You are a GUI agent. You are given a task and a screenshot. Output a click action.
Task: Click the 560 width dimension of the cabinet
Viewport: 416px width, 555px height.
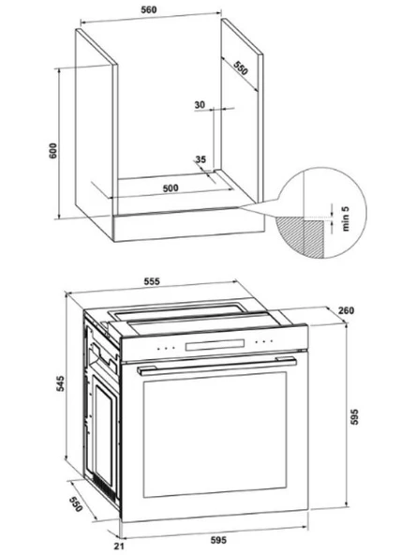149,9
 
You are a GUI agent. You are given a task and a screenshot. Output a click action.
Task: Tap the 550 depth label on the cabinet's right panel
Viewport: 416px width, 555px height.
241,67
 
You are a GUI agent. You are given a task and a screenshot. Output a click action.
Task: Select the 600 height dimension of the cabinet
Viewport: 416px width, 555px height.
52,150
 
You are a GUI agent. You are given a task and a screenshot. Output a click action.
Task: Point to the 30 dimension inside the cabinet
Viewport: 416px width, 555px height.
200,105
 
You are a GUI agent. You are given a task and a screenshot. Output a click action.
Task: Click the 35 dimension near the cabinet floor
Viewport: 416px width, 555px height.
201,159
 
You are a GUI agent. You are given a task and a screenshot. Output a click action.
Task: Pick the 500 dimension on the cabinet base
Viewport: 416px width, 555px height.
171,187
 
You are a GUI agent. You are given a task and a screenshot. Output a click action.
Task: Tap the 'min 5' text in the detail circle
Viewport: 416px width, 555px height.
346,217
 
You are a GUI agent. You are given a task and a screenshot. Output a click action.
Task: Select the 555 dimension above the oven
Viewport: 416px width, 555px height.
152,281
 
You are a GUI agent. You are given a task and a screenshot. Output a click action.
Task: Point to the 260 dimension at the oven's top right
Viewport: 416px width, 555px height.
346,310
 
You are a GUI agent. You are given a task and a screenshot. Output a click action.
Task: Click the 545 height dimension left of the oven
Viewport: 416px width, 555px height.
61,383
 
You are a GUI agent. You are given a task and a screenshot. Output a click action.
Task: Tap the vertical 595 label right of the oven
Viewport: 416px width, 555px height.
354,416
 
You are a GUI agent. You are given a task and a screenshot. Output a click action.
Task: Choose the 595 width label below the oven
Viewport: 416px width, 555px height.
218,540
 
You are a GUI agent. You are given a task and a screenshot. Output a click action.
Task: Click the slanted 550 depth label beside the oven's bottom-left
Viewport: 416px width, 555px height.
76,504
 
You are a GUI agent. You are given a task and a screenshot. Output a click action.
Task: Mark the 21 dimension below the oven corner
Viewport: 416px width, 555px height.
119,547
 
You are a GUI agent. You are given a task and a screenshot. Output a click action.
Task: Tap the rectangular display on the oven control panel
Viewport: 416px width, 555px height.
215,345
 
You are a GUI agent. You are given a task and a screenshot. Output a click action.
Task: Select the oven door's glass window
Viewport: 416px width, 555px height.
215,434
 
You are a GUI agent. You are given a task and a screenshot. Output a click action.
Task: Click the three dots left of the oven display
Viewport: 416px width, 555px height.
166,349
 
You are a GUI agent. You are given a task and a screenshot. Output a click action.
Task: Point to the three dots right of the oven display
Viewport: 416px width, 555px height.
263,342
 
